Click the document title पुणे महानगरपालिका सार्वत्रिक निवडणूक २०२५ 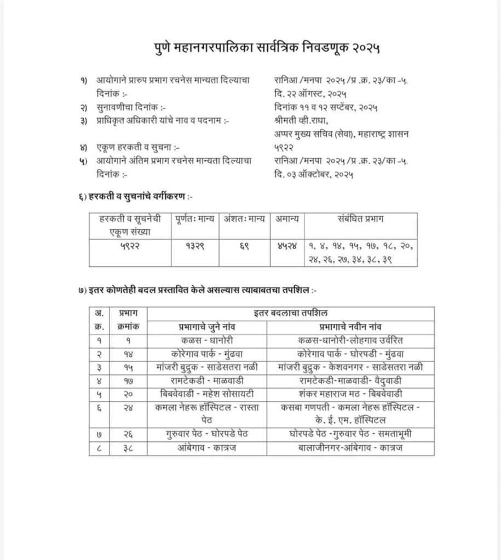click(x=266, y=49)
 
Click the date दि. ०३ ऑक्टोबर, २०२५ click(x=314, y=175)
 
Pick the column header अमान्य click(x=287, y=219)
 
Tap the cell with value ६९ click(x=245, y=246)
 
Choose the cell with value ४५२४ click(x=287, y=246)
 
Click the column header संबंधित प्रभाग click(x=360, y=219)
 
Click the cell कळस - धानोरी click(x=207, y=340)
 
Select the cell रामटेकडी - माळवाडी click(x=207, y=380)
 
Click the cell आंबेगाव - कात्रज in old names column click(x=207, y=448)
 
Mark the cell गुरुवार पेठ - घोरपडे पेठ click(x=207, y=435)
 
